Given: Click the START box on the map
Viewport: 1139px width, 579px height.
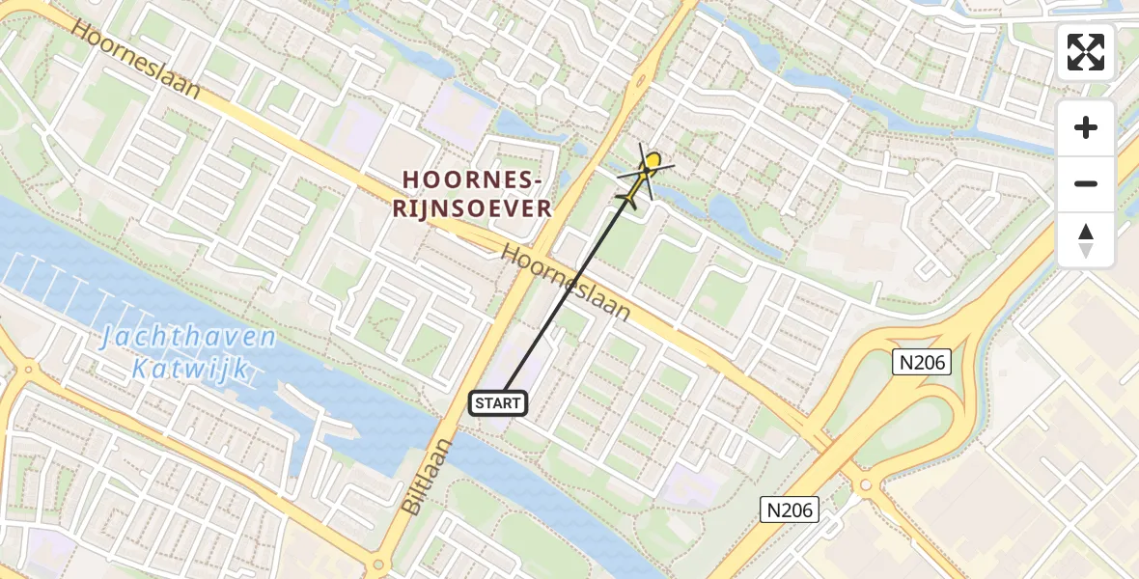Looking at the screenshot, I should [x=498, y=403].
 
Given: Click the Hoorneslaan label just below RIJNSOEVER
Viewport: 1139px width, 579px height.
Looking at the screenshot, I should [x=567, y=283].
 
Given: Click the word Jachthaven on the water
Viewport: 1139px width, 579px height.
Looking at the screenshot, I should [x=189, y=339].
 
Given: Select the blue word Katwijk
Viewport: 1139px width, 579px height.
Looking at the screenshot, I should [x=191, y=368].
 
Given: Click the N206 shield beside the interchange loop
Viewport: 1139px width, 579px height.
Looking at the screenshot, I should [x=921, y=362].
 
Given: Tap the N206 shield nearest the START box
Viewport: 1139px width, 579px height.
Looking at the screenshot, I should [x=790, y=510].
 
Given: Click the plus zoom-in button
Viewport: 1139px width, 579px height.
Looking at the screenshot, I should [x=1086, y=127].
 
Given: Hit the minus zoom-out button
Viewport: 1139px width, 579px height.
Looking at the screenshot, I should [x=1086, y=183].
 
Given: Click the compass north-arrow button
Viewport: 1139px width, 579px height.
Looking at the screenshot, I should [x=1086, y=239].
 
